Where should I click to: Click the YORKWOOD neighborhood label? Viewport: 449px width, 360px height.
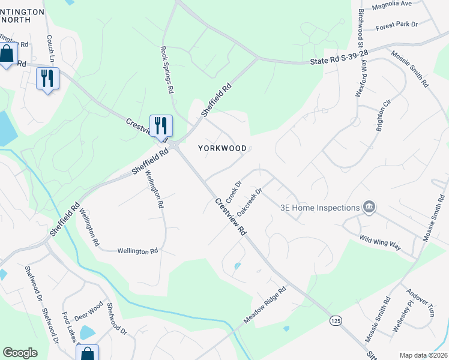coord(223,148)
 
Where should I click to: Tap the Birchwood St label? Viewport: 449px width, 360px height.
coord(361,27)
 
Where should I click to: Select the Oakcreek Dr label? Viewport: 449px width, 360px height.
coord(250,202)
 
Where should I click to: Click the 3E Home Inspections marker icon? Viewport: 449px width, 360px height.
coord(369,208)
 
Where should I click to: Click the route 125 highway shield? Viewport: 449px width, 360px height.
coord(336,321)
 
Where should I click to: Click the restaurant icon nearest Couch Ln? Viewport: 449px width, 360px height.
coord(47,77)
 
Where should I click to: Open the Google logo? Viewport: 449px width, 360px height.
coord(20,353)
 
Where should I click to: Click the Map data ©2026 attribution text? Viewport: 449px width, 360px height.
coord(423,355)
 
